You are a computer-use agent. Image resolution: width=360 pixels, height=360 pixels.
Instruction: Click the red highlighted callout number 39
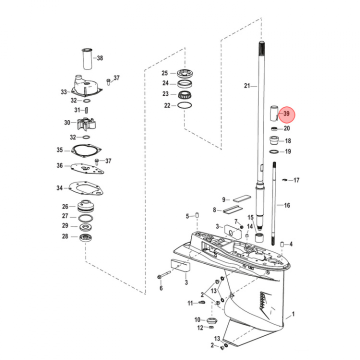[x=287, y=114]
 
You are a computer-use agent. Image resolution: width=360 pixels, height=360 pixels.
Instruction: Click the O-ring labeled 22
[x=184, y=105]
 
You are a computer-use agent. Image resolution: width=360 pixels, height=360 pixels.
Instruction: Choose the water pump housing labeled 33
[x=87, y=87]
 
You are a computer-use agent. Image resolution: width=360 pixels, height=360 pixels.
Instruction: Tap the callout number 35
[x=60, y=150]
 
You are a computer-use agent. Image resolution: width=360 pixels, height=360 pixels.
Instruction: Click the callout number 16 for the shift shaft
[x=287, y=205]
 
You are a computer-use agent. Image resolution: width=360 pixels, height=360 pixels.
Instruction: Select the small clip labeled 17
[x=284, y=180]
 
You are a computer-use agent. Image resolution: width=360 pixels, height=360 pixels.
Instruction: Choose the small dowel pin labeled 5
[x=197, y=216]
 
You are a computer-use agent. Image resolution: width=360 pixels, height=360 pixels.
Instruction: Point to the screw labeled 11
[x=201, y=303]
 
